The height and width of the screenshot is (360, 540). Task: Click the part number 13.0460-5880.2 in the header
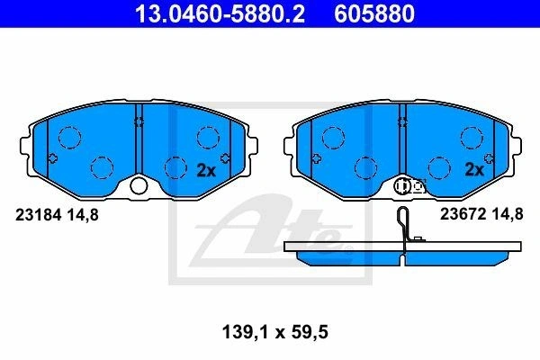[220, 13]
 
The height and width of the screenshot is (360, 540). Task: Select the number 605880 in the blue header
[374, 13]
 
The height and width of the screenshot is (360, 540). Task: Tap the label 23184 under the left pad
[38, 215]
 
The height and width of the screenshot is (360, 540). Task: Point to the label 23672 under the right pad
[463, 214]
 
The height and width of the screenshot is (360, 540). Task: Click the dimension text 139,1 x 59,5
[275, 332]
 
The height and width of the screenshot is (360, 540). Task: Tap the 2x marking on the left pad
[206, 170]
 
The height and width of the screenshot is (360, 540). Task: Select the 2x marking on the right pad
[474, 169]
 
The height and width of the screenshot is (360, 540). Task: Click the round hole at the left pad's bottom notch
[139, 186]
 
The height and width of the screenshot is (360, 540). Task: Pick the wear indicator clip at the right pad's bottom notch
[409, 186]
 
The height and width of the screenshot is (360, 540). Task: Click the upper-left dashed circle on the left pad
[70, 138]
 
